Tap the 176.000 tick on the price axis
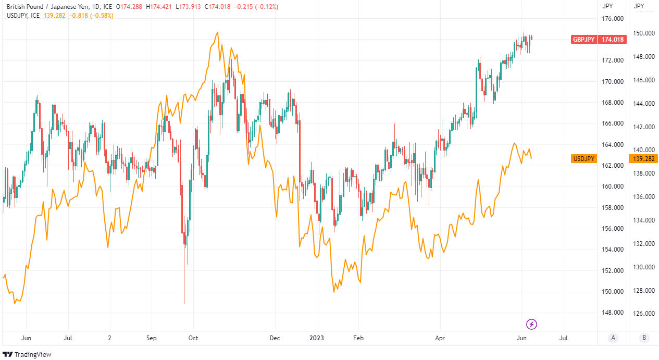tap(613, 19)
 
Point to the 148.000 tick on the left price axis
tap(613, 313)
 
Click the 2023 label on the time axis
tap(316, 338)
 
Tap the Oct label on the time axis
tap(193, 338)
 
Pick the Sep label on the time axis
tap(151, 338)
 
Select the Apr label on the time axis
tap(440, 338)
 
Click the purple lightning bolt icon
tap(532, 325)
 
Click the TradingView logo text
tap(33, 354)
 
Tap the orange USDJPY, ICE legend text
tap(23, 16)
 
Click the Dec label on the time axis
tap(275, 338)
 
